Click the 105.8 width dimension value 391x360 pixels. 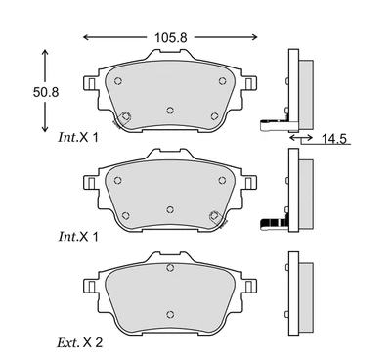click(171, 37)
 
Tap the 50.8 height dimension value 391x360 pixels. click(46, 92)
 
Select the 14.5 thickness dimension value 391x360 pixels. click(333, 139)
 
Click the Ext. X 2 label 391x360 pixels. click(80, 342)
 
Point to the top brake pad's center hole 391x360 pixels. click(170, 111)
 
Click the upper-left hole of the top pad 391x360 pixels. click(118, 81)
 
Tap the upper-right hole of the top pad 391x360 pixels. click(222, 81)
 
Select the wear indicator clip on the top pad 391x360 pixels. click(123, 118)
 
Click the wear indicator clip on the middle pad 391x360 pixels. click(217, 218)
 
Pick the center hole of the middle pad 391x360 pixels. click(170, 209)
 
